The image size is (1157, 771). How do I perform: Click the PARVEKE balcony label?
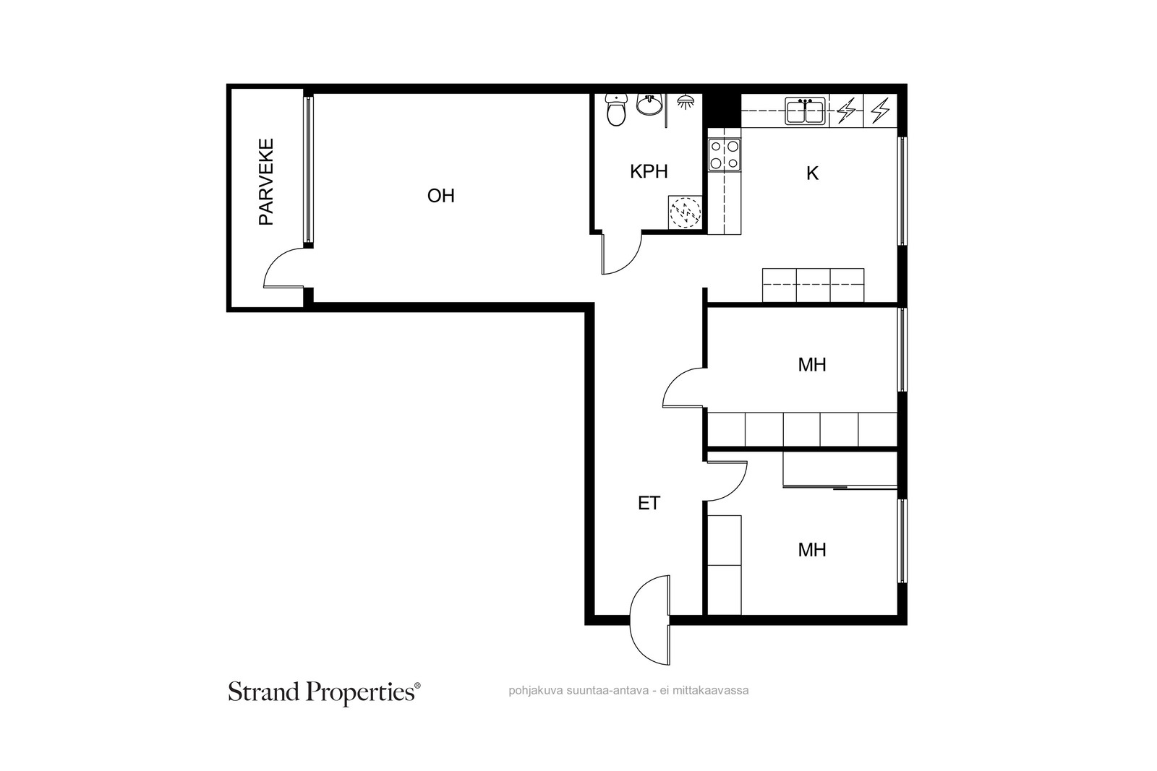click(266, 181)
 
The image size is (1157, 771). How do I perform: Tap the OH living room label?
click(440, 196)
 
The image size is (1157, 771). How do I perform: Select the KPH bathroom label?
click(649, 171)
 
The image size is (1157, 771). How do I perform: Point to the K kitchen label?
click(812, 174)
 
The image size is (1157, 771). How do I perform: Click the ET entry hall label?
click(649, 503)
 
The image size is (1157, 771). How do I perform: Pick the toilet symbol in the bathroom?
click(615, 110)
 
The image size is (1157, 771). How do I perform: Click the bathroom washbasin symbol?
click(649, 104)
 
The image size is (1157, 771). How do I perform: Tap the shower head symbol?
click(686, 102)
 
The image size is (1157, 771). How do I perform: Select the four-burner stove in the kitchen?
click(724, 155)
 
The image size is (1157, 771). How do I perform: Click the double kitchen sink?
click(806, 111)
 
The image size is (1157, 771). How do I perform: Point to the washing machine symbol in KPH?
click(686, 212)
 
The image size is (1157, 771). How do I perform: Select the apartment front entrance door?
click(650, 620)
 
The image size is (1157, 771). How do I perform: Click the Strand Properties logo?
click(325, 692)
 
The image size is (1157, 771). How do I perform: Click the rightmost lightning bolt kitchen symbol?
click(880, 111)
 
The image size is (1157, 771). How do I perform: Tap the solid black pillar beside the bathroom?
click(722, 110)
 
